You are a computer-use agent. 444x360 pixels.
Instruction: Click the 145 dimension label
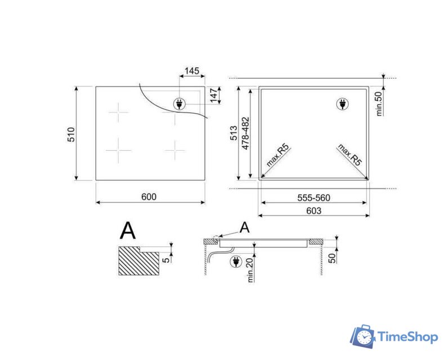click(192, 71)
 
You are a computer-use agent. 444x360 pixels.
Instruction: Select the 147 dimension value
click(214, 96)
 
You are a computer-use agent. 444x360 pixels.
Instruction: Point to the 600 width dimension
click(149, 197)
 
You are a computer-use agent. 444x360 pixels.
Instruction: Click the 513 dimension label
click(234, 133)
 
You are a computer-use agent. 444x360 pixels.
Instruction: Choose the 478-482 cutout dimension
click(245, 133)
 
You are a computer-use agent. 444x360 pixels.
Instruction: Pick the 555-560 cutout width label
click(314, 197)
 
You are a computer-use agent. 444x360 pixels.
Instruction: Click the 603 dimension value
click(314, 210)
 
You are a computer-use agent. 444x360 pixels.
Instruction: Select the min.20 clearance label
click(250, 271)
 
